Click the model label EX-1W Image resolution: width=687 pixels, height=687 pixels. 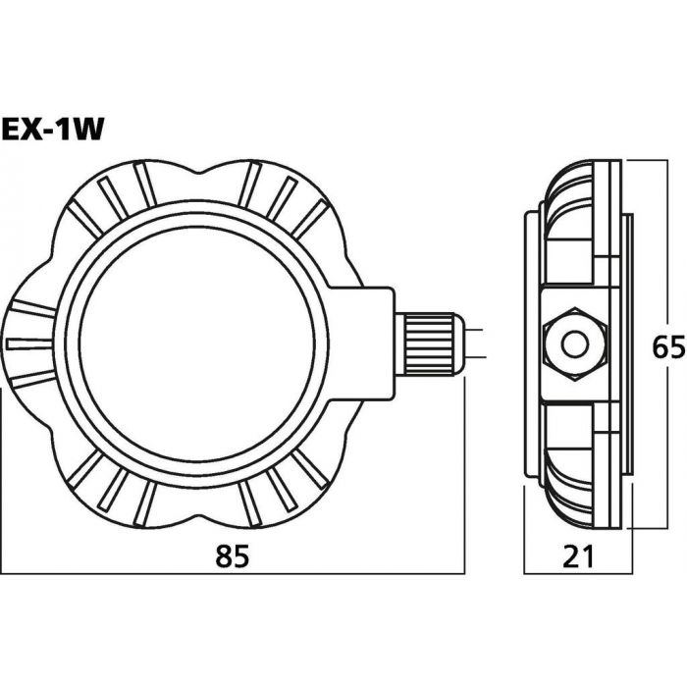53,130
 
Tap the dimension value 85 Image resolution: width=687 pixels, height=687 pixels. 232,555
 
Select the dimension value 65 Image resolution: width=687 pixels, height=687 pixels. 668,347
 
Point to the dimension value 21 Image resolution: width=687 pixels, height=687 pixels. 578,556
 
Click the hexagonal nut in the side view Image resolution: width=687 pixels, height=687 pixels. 575,343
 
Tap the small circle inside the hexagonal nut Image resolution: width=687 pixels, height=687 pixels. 574,344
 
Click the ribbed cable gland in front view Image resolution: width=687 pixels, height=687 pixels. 430,343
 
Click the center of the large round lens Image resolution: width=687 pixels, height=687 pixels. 197,343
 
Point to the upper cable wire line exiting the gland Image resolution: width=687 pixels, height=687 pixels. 474,330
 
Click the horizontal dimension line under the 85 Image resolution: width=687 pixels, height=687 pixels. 233,573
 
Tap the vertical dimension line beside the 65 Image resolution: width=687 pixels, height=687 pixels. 667,343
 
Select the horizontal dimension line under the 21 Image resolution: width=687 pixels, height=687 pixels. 578,573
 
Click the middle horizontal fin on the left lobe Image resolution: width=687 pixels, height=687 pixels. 29,343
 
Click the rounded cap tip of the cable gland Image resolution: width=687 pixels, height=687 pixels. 459,343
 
